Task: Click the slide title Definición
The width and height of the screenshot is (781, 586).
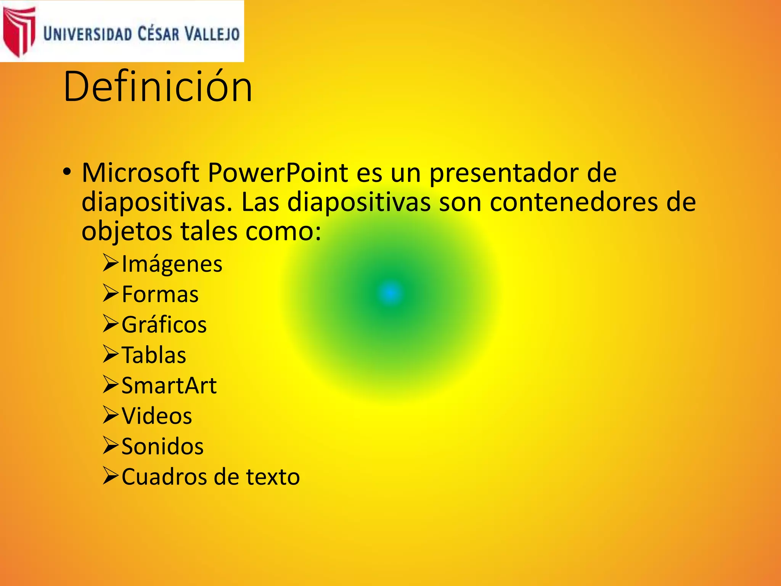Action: coord(158,87)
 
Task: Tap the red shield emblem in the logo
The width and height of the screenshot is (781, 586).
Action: coord(18,31)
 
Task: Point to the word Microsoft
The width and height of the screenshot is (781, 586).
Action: coord(140,172)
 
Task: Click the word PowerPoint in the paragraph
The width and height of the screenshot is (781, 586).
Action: coord(278,172)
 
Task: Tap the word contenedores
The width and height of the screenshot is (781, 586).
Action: coord(574,202)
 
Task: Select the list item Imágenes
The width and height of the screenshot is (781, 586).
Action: coord(172,264)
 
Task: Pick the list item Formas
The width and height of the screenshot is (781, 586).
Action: coord(160,295)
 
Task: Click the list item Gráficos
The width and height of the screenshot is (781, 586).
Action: coord(164,325)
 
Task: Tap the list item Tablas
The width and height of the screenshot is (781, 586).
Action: coord(154,355)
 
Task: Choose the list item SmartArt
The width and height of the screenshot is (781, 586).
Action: coord(169,385)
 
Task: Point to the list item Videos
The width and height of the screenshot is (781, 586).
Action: coord(157,416)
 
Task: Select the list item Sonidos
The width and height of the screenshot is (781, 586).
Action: coord(162,446)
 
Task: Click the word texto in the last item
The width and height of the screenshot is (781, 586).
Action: coord(273,477)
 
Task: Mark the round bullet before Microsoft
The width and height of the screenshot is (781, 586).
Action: coord(67,172)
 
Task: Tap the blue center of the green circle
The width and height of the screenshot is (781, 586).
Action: coord(390,293)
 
